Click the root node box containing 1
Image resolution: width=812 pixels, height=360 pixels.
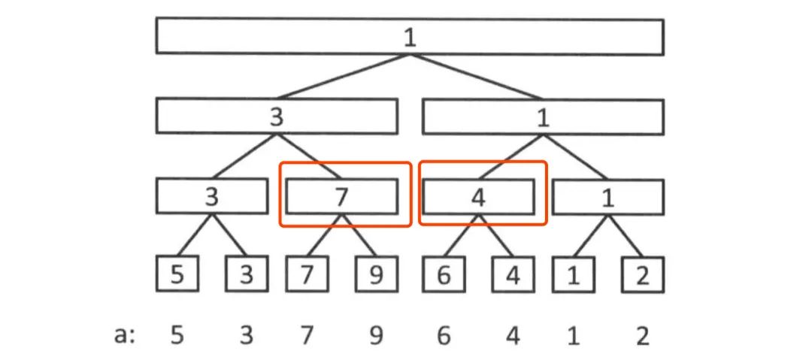409,37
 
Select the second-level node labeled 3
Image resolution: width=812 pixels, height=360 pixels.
276,116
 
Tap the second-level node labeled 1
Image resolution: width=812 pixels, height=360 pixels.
542,116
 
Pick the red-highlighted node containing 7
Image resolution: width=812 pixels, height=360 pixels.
342,196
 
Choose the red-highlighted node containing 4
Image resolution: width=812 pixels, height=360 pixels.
479,196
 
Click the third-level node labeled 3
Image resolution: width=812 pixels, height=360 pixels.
211,196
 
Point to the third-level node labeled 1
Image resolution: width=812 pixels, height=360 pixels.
608,196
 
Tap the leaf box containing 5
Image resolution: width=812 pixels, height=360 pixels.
177,274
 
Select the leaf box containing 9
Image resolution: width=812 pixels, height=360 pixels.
376,274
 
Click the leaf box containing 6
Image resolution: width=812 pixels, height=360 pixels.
444,274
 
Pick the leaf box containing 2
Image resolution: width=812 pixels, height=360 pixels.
642,274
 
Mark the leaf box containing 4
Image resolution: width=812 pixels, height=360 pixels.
513,274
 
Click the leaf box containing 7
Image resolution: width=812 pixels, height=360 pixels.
307,274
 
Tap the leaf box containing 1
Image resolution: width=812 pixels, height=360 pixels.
573,274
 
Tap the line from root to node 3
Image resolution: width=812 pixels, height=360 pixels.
343,76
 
